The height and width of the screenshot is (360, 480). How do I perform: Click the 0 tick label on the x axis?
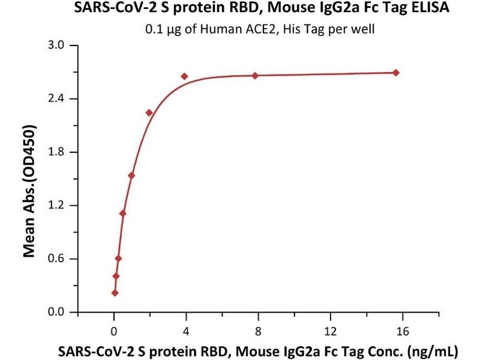click(114, 330)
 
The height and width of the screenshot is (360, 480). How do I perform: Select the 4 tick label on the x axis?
click(186, 330)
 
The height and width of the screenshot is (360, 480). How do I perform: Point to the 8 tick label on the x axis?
click(258, 330)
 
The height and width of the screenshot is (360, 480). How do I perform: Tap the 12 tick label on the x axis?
click(330, 330)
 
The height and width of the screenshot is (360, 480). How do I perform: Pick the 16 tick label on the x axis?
click(402, 330)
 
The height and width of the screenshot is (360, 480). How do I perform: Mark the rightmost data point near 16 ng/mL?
click(396, 73)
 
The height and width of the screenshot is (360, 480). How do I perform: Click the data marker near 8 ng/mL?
click(255, 76)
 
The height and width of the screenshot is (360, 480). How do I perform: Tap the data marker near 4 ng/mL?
click(184, 76)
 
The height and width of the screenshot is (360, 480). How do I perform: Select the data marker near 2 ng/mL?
click(149, 113)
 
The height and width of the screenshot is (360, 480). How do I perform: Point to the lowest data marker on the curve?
click(115, 293)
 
